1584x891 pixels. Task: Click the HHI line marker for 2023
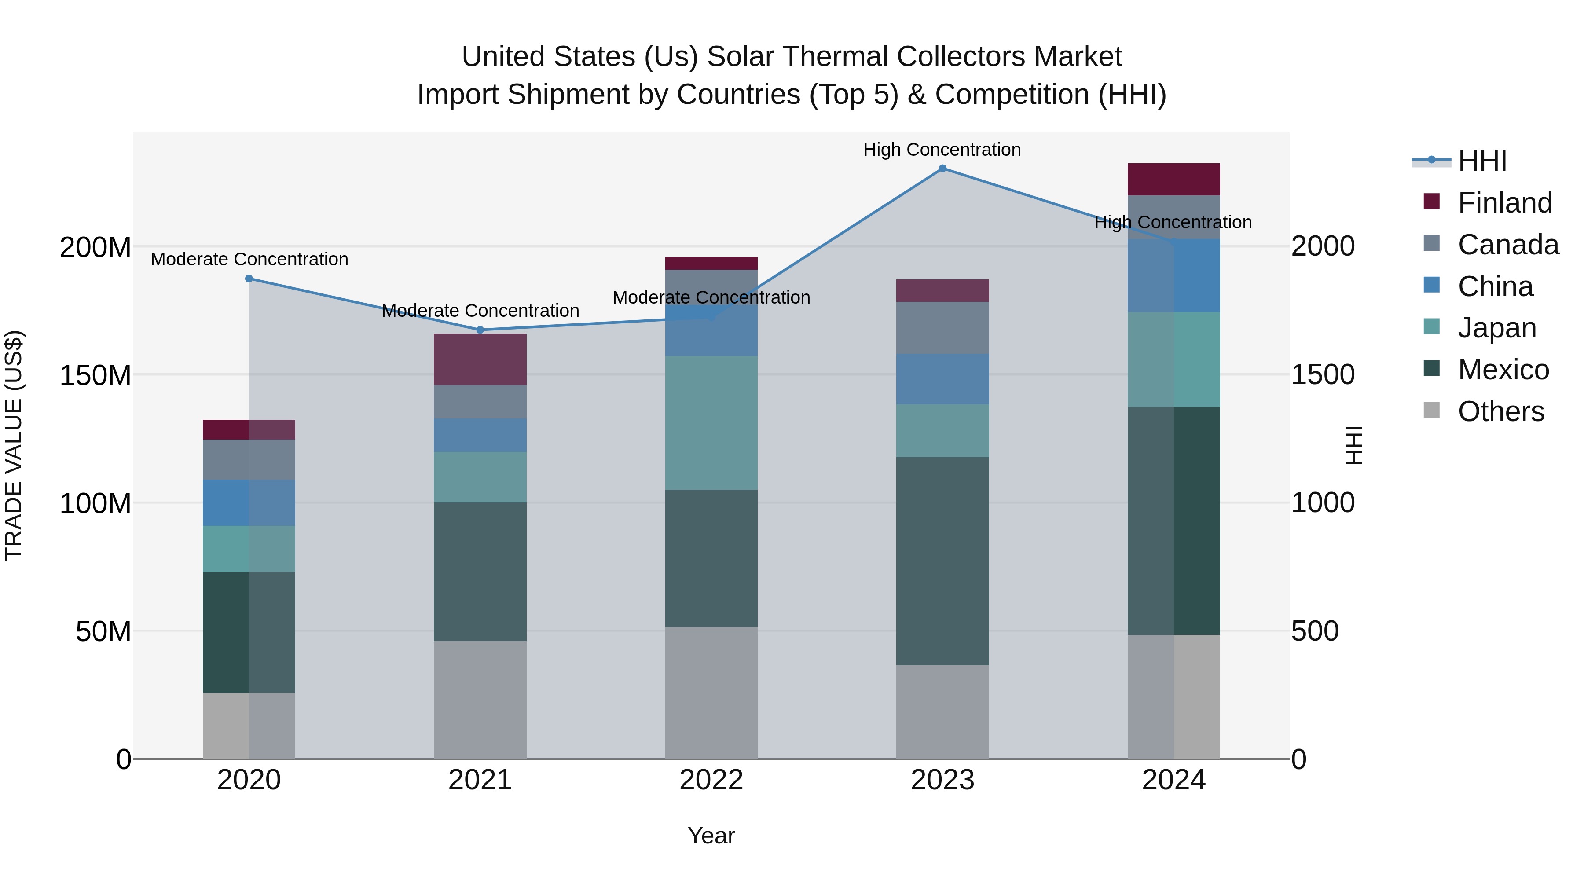942,169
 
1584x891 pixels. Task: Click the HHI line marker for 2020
249,279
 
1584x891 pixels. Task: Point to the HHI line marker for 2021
480,330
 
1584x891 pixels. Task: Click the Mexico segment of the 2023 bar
942,561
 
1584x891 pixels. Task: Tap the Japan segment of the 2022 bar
711,422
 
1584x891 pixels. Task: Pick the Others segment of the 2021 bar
480,700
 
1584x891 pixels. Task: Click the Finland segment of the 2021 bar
480,359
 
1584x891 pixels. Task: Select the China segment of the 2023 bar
942,379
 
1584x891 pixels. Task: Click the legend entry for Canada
1508,245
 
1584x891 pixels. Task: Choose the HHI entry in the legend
1482,161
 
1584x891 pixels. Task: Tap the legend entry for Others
1500,411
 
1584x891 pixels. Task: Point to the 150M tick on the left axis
95,375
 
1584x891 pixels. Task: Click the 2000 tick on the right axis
1323,246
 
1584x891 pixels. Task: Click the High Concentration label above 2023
942,150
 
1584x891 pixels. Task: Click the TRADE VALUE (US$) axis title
14,445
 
